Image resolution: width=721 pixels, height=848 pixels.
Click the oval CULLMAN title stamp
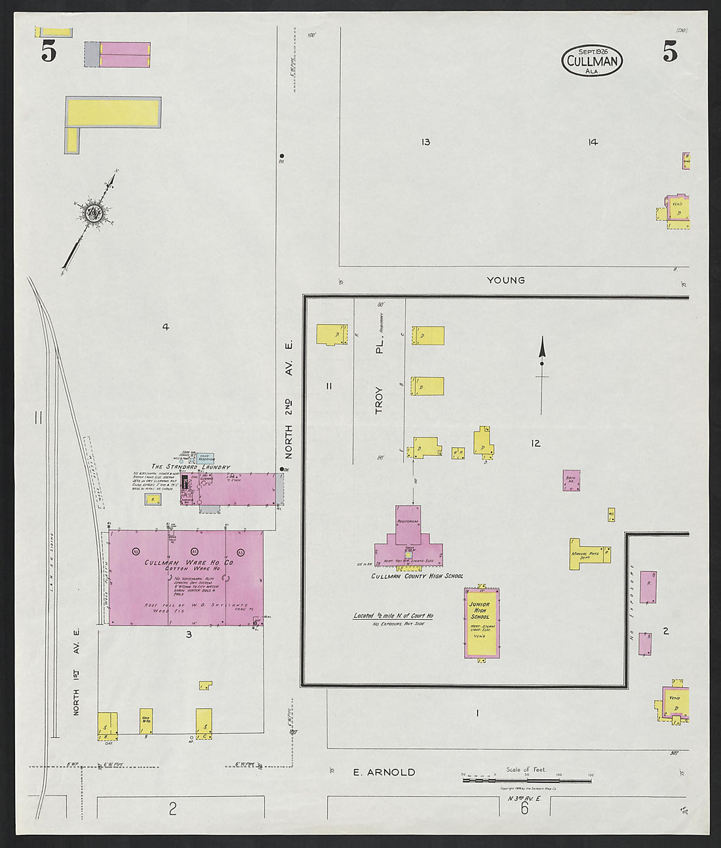click(592, 60)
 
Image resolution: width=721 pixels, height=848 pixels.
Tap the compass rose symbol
click(92, 212)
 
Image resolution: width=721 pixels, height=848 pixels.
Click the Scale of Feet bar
click(526, 780)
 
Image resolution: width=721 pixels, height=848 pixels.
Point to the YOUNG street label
click(505, 280)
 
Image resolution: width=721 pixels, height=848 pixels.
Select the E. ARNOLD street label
click(384, 772)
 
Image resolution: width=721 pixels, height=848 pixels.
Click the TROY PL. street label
click(379, 380)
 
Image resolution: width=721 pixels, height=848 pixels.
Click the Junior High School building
click(482, 622)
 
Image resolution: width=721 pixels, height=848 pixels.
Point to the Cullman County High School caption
click(417, 576)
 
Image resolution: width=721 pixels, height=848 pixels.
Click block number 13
click(425, 142)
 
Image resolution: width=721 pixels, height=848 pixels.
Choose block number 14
click(593, 142)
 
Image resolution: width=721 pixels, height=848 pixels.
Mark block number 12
click(536, 443)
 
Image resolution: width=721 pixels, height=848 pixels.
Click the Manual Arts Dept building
click(586, 555)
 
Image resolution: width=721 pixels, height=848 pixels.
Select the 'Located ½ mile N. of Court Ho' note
click(393, 616)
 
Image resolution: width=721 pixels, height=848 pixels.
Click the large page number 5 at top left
click(49, 51)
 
